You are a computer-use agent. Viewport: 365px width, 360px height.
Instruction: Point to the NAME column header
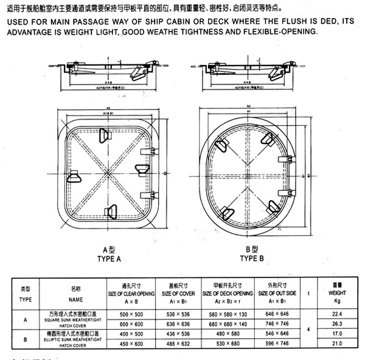[x=75, y=300]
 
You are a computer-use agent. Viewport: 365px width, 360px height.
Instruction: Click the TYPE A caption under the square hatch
[x=109, y=258]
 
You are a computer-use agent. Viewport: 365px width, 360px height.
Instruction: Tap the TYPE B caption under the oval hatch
[x=252, y=258]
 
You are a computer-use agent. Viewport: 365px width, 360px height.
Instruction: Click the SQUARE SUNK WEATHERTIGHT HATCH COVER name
[x=75, y=318]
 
